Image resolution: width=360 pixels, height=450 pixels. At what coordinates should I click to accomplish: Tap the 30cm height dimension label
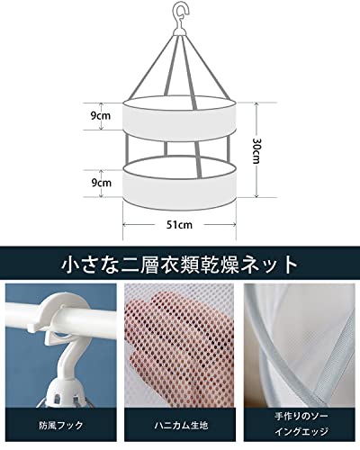256,150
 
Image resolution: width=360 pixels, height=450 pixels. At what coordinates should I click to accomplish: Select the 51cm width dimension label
179,225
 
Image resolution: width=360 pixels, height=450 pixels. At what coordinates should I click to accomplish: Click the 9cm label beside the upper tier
101,116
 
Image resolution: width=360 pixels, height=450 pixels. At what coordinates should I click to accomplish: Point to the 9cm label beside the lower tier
101,183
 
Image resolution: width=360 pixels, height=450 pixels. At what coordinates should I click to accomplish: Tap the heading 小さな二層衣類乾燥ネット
179,265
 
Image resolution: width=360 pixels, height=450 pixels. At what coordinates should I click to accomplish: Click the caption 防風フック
60,425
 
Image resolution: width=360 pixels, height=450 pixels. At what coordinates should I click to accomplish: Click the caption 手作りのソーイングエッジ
301,424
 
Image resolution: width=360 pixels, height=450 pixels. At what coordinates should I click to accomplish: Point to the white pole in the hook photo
60,318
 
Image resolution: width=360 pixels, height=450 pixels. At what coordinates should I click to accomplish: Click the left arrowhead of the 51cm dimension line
125,224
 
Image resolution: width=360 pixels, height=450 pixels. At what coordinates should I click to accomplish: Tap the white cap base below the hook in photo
66,390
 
